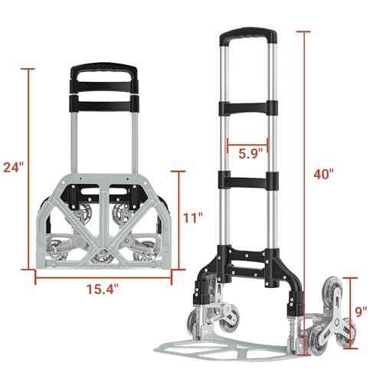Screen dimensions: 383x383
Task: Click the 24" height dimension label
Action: click(14, 167)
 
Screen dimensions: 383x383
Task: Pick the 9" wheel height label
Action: click(360, 311)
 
